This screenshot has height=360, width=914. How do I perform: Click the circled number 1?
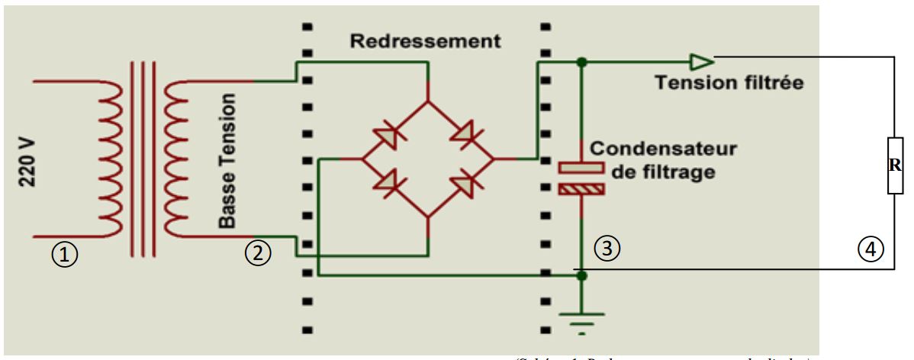tap(69, 254)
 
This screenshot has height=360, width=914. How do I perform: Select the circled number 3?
tap(607, 246)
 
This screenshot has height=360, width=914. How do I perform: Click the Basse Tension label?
tap(227, 160)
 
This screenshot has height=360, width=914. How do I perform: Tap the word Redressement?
tap(426, 42)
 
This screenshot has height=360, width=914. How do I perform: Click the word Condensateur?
tap(663, 149)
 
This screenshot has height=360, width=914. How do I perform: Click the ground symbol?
tap(581, 320)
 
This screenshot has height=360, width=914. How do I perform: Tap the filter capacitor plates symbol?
tap(581, 178)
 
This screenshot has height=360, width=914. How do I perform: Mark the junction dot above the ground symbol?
tap(581, 276)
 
